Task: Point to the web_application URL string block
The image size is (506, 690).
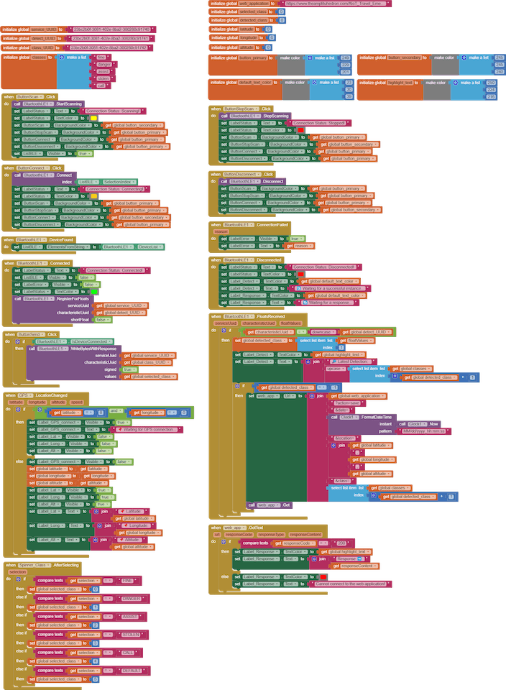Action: click(x=339, y=4)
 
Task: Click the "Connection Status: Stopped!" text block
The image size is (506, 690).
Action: click(x=321, y=124)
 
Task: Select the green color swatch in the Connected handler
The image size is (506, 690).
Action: click(x=86, y=291)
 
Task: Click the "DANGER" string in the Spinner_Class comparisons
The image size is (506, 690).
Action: click(x=132, y=598)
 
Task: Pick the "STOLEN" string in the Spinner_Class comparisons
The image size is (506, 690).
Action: click(x=131, y=635)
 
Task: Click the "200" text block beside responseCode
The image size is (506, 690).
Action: click(x=341, y=543)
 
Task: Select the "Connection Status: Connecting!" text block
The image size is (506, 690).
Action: click(x=116, y=188)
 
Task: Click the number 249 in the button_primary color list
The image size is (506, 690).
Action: click(x=346, y=57)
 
